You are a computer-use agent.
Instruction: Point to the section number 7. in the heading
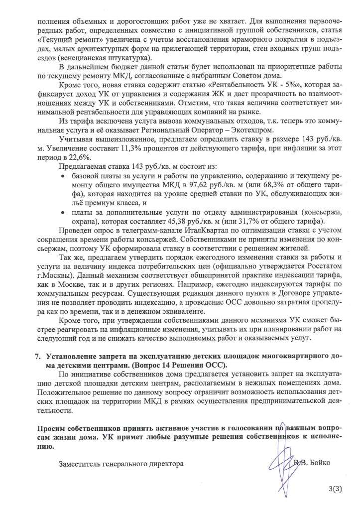pyautogui.click(x=37, y=357)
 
